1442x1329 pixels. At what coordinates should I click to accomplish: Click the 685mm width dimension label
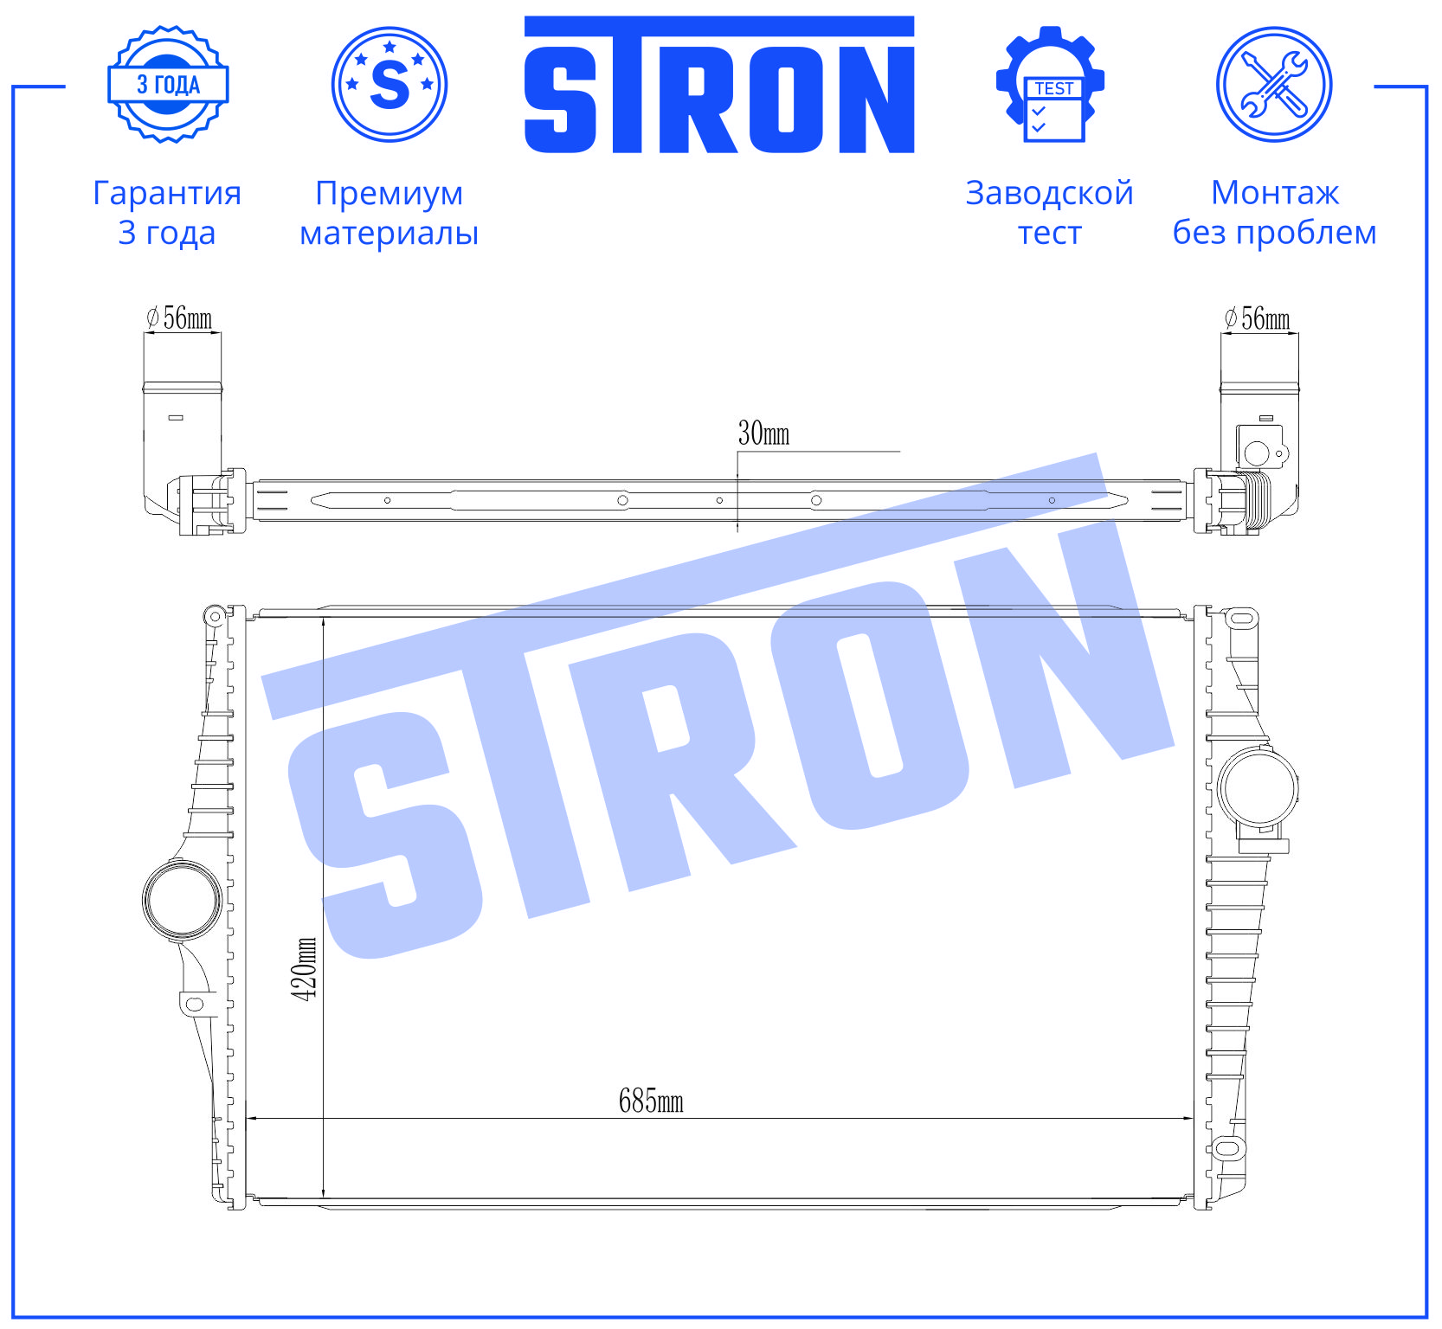coord(651,1101)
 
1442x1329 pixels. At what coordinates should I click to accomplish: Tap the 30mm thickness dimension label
coord(763,433)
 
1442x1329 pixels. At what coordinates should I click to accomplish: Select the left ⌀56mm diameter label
coord(179,318)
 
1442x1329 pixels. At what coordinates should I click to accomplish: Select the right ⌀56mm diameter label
coord(1257,318)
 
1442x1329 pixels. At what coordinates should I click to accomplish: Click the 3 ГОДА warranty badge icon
coord(168,84)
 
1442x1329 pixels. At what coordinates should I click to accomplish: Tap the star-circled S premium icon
coord(389,84)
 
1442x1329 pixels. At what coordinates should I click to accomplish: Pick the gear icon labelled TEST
coord(1050,84)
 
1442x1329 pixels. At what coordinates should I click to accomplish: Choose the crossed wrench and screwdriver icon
coord(1274,84)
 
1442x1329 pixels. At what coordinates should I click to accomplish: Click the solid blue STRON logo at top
coord(719,85)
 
